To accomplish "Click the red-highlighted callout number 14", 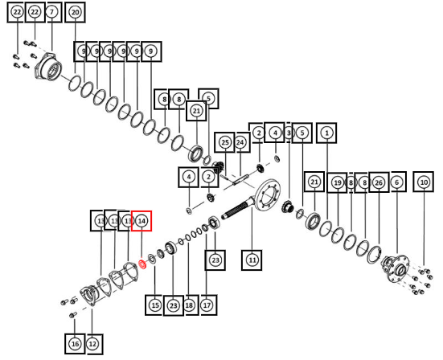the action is [x=142, y=221].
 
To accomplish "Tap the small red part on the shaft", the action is [x=142, y=264].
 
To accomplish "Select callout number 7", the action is [x=52, y=12].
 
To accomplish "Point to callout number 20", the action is [x=75, y=12].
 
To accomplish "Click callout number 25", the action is [x=225, y=142].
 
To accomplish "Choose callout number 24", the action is [x=240, y=142].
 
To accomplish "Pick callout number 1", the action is [x=327, y=133].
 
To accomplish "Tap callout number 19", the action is [x=338, y=182].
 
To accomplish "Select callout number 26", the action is [x=379, y=182].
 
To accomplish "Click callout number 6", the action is [x=397, y=182].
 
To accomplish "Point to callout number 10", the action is [x=424, y=182].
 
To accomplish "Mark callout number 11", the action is [x=252, y=260].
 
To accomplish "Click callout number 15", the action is [x=155, y=305].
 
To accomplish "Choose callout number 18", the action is [x=189, y=305].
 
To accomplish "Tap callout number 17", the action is [x=207, y=305].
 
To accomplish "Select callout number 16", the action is [x=75, y=344].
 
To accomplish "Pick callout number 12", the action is [x=92, y=344].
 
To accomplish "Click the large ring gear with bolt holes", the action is [x=268, y=194].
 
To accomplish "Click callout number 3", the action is [x=289, y=133].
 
